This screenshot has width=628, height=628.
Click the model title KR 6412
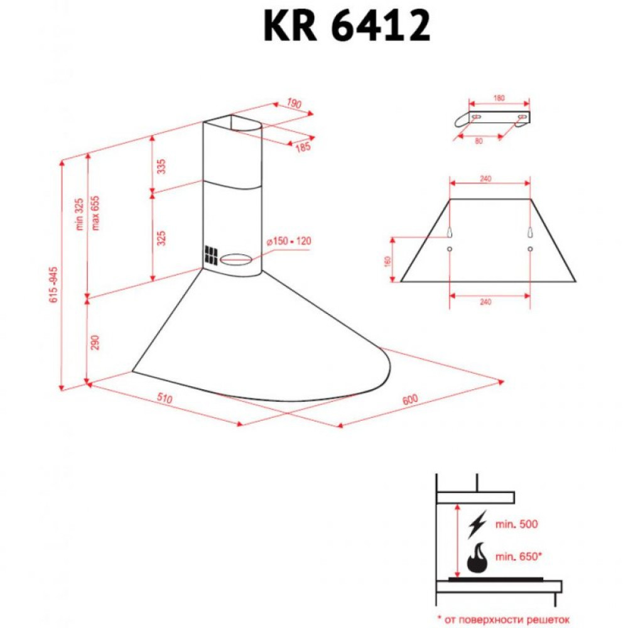[347, 26]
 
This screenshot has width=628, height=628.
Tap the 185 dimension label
[303, 148]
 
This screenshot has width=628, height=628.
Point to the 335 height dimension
[161, 166]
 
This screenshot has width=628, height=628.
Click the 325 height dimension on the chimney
[161, 238]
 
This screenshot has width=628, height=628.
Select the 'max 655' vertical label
[96, 213]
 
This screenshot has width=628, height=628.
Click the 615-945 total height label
[55, 286]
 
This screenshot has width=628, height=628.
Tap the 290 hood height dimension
[96, 342]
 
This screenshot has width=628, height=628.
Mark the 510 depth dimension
[165, 399]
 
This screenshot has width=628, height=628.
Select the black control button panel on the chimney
[209, 255]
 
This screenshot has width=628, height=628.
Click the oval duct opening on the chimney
[237, 258]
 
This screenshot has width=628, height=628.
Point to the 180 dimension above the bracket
[499, 98]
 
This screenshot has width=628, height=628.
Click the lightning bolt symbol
[478, 523]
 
